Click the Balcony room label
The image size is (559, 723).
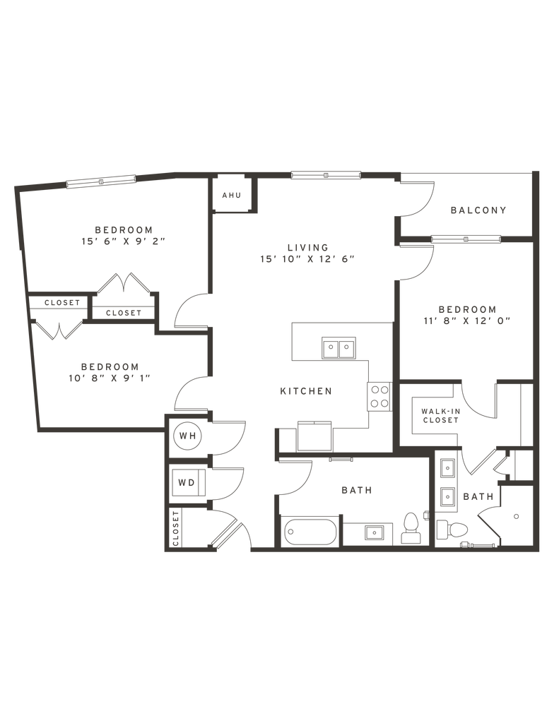pos(478,210)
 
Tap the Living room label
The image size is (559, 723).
pos(307,247)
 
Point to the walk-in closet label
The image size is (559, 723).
pos(440,414)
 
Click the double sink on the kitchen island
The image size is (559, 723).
pos(338,347)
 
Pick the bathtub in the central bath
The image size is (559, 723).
pos(312,531)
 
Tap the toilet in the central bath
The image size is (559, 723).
pos(411,527)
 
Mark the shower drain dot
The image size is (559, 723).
pos(516,516)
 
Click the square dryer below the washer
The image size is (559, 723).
pos(187,484)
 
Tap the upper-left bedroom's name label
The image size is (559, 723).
pos(123,229)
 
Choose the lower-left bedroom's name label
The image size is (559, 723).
pos(110,366)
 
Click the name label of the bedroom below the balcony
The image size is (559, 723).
pos(466,309)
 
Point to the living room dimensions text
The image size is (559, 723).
pos(307,259)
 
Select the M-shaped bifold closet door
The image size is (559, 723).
pos(124,284)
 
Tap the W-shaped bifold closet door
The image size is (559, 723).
pos(59,328)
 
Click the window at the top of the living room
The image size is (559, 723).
pos(326,174)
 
